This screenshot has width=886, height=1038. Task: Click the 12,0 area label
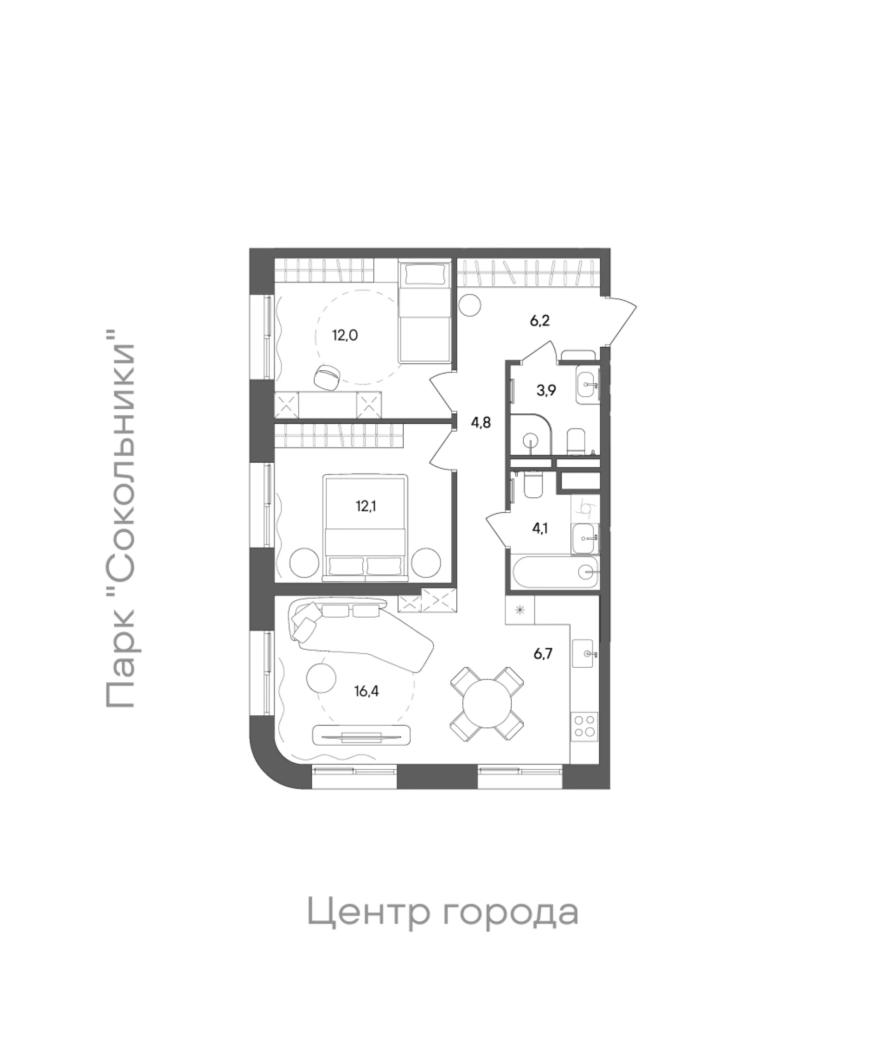(345, 335)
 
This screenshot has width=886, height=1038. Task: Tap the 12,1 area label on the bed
(366, 506)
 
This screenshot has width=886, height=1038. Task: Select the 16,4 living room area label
(366, 691)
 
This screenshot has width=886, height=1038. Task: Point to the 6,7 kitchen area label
(543, 653)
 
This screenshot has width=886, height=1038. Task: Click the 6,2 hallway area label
(539, 320)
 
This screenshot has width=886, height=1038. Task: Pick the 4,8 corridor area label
(480, 422)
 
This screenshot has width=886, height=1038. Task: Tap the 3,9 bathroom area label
(546, 390)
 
